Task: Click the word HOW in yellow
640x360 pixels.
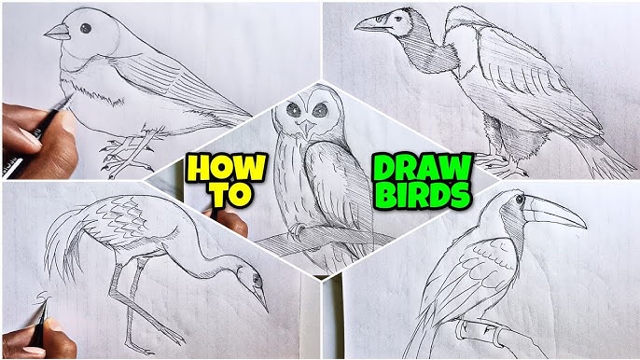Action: [x=226, y=167]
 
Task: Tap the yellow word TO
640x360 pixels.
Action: [x=230, y=196]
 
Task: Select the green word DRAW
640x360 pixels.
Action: [x=423, y=167]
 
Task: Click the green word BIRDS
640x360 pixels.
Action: [x=423, y=196]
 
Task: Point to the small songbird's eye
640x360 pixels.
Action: [x=86, y=28]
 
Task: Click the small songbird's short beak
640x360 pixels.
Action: [x=57, y=32]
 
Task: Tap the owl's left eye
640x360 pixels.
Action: [x=293, y=109]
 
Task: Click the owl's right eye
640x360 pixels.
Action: [x=320, y=110]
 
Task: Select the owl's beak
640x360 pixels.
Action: [x=306, y=128]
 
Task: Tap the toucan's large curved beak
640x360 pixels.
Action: [x=555, y=213]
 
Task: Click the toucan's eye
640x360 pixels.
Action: [x=520, y=200]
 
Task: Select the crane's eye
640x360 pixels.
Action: [x=257, y=280]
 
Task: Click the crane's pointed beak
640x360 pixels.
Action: [x=261, y=300]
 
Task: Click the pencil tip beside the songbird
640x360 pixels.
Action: [x=69, y=98]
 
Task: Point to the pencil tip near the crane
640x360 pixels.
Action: [x=46, y=305]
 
